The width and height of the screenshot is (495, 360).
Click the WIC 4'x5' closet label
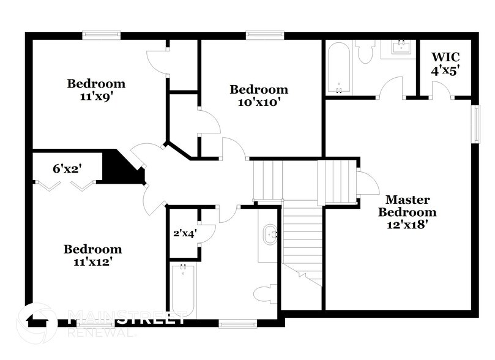[x=445, y=64]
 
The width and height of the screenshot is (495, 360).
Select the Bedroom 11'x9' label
[x=96, y=89]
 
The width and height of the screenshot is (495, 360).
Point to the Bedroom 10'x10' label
[x=259, y=96]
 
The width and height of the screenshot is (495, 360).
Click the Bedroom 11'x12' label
[x=93, y=255]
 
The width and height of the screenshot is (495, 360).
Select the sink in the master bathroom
[x=400, y=48]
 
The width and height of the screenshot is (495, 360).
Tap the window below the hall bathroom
[x=238, y=323]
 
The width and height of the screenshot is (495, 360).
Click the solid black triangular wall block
[x=120, y=167]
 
